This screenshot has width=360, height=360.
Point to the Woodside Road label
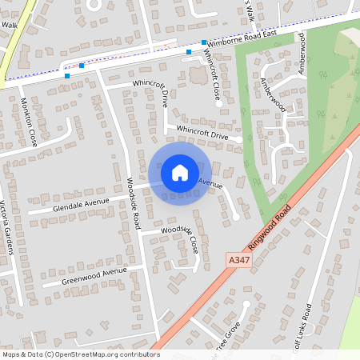point(134,200)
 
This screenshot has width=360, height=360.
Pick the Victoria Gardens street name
point(7,227)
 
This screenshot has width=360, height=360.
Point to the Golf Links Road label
point(309,330)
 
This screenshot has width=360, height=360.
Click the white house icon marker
point(180,173)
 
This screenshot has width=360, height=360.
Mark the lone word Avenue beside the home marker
point(210,184)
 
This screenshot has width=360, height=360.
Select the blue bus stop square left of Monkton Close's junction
point(66,76)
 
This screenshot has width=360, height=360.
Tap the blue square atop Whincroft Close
point(205,42)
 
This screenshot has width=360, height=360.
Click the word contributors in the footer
point(137,354)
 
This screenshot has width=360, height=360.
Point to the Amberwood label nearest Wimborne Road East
point(302,53)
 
